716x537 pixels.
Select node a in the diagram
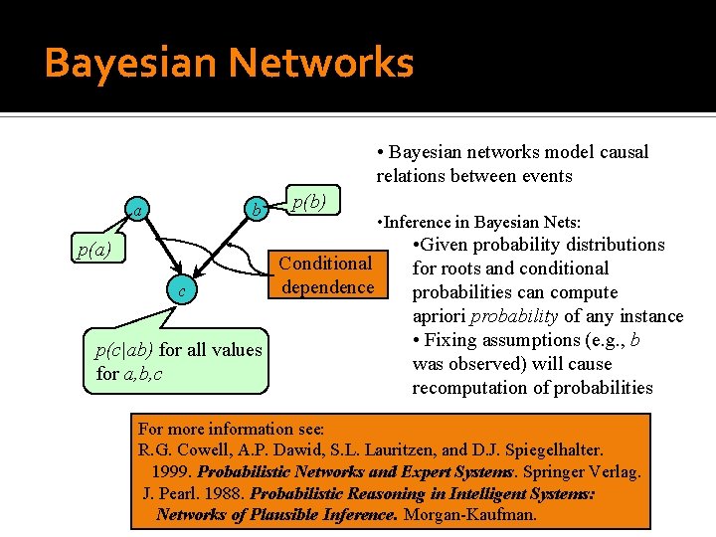point(141,209)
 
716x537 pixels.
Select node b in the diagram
point(258,209)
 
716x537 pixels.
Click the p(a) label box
point(94,250)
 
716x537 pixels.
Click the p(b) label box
point(309,202)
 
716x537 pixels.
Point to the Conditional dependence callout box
point(327,275)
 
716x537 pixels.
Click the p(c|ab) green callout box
point(179,361)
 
